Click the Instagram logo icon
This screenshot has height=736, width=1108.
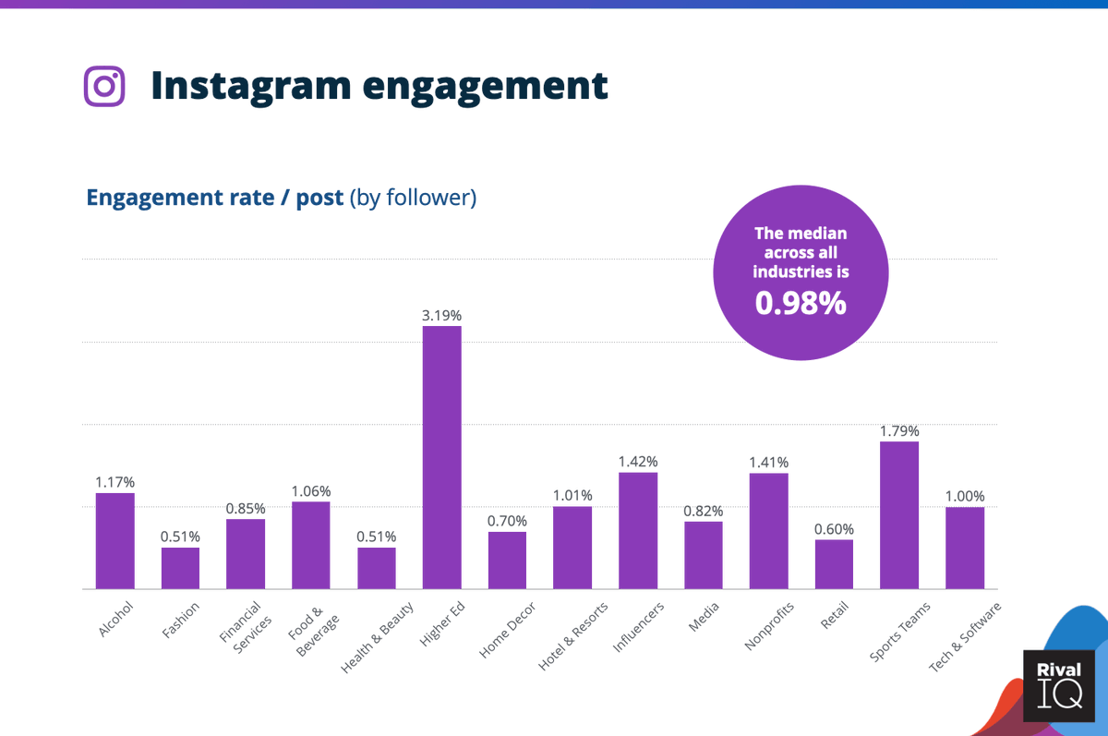(104, 86)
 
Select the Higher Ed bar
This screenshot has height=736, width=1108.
(441, 457)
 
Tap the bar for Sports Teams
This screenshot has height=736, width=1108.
(898, 515)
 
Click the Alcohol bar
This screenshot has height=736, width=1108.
(114, 541)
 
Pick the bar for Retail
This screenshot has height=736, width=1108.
(834, 564)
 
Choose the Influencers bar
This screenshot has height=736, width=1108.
(638, 531)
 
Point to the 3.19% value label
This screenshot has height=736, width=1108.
(441, 316)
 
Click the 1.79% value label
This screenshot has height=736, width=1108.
(898, 431)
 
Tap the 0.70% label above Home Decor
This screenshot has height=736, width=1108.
(507, 521)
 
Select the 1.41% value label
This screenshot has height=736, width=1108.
(768, 463)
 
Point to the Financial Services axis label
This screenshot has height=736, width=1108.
(243, 627)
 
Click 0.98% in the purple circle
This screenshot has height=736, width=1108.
(801, 302)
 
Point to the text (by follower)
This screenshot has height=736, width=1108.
(413, 198)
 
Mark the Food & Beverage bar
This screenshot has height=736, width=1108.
(310, 545)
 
